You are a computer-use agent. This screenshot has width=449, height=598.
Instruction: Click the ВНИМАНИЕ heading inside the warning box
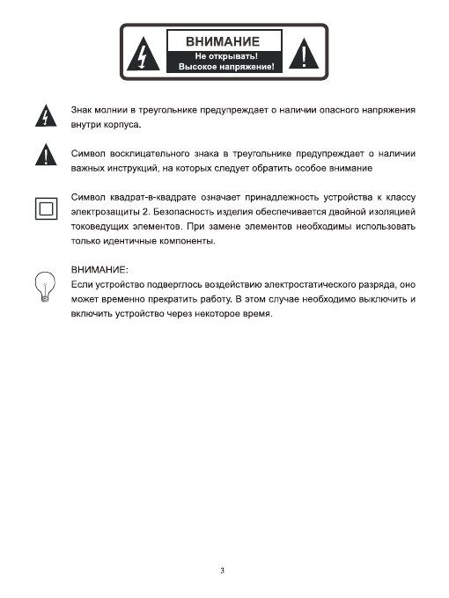point(222,42)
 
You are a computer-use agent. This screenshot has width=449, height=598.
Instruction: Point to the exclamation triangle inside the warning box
point(304,55)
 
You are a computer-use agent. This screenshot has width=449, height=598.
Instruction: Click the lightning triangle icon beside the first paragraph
point(40,116)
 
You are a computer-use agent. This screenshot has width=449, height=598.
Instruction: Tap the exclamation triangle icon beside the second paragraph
point(40,157)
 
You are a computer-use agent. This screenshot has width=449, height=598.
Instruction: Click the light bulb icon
point(40,288)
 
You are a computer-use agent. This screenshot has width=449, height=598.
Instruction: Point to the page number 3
point(224,570)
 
